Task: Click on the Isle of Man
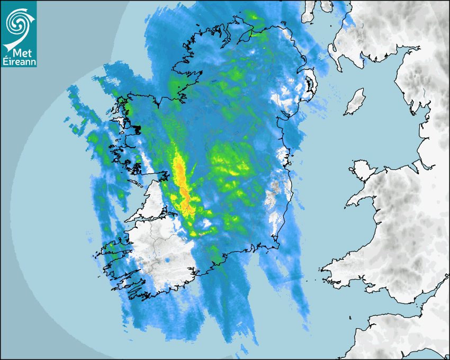click(x=355, y=102)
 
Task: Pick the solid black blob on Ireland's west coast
click(x=137, y=129)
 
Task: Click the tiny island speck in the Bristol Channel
click(x=351, y=318)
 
